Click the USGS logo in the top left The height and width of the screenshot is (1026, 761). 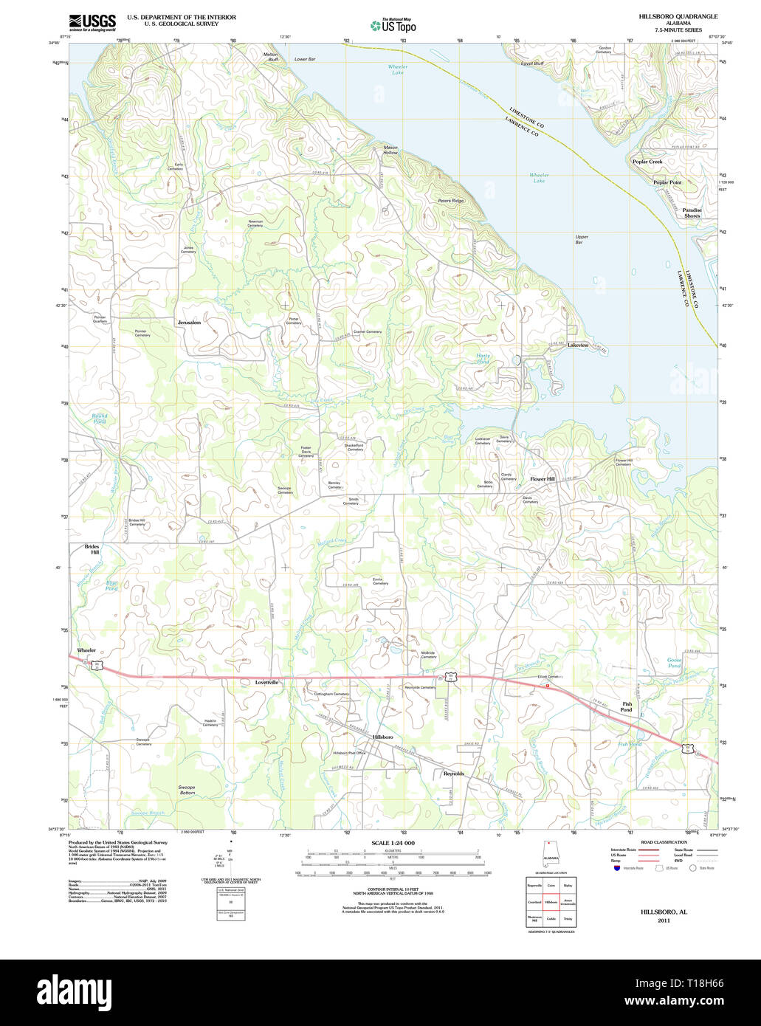coord(92,22)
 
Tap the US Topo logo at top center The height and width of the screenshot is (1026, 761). coord(393,26)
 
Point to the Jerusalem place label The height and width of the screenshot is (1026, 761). coord(189,323)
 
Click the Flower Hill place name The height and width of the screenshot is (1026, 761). coord(543,479)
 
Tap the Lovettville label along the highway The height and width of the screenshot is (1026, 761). coord(267,683)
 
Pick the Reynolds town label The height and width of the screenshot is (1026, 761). coord(453,774)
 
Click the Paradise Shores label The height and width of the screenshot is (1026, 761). coord(692,213)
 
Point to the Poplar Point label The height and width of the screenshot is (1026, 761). coord(667,182)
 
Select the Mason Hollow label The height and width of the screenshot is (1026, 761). coord(390,150)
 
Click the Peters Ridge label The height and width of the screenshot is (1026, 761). coord(450,201)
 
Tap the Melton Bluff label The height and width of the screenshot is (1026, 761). coord(271,57)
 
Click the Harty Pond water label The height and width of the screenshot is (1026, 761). coord(483,359)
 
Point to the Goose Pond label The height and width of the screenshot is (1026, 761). coord(674,663)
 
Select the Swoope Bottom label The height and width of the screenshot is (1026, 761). coord(187,790)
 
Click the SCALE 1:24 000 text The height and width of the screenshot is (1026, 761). coord(393,843)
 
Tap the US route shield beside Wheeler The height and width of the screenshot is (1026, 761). coord(97,664)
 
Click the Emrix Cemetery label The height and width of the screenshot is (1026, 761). coord(380,581)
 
